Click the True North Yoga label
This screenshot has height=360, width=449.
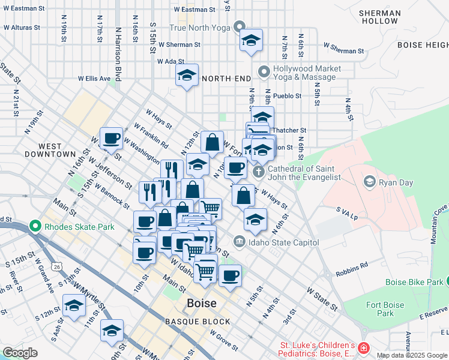point(199,28)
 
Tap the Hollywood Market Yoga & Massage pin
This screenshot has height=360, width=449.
point(263,73)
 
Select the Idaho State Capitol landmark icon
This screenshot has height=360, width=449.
point(239,242)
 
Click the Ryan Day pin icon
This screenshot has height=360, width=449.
point(370,181)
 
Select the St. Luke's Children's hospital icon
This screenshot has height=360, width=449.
point(363,349)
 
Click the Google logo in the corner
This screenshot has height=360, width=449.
point(20,353)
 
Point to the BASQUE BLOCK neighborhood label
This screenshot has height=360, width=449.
point(190,322)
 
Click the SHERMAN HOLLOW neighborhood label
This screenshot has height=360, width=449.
point(379,17)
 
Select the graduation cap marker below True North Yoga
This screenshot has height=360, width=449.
point(251,41)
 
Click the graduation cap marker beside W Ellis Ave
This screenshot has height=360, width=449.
point(187,76)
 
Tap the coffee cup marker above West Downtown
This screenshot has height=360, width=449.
point(111,139)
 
